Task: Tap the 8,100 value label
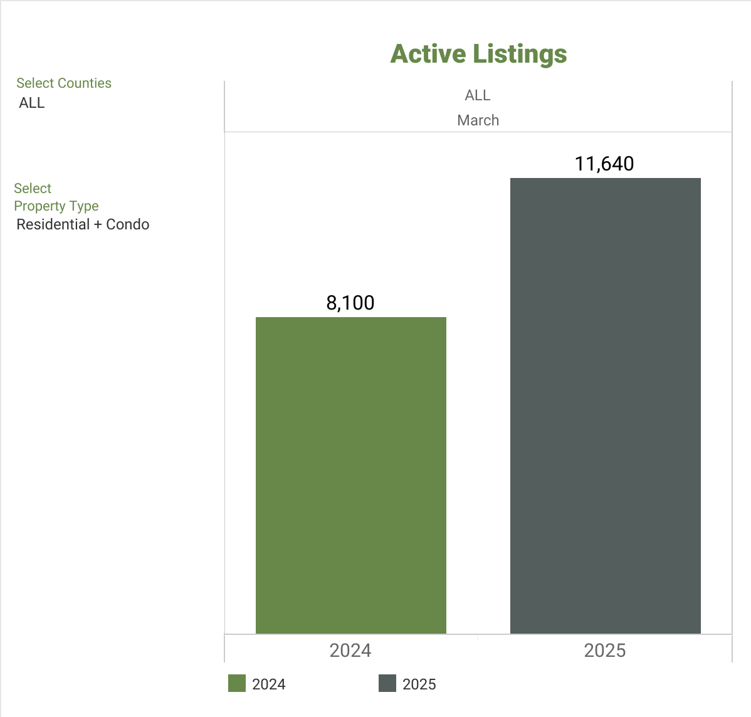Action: pos(350,303)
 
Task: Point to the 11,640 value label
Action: pos(604,164)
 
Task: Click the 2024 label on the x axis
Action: pos(350,651)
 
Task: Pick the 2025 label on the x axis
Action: pos(605,651)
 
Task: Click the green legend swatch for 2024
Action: pos(237,683)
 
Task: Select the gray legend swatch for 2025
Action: pos(387,683)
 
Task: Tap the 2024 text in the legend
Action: pos(269,684)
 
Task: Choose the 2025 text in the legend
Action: pos(419,684)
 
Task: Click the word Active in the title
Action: pos(428,54)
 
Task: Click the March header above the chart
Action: pos(478,120)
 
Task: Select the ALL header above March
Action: pos(478,95)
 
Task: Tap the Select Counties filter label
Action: pos(64,83)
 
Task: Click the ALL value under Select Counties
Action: pos(32,103)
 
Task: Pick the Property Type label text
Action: pos(56,206)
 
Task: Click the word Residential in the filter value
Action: pos(53,224)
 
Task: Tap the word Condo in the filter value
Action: pos(128,224)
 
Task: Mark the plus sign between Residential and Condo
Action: pos(98,225)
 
